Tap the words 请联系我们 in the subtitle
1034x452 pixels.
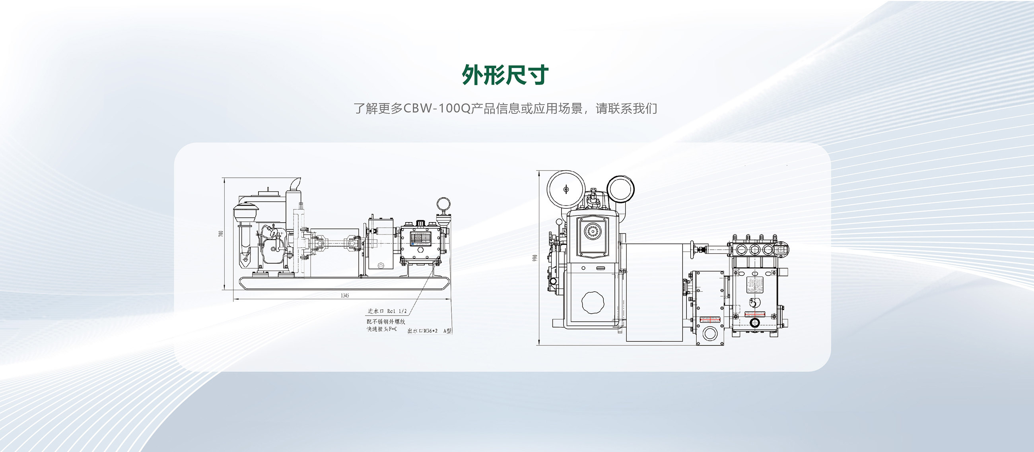[x=626, y=109]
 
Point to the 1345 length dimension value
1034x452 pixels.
[x=345, y=296]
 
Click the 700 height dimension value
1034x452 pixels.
[x=220, y=233]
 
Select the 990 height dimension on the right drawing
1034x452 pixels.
[x=534, y=259]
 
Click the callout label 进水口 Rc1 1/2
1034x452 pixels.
[x=387, y=311]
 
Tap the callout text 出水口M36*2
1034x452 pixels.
[x=422, y=331]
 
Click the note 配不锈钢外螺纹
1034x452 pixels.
[x=386, y=322]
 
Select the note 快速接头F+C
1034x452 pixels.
[x=381, y=329]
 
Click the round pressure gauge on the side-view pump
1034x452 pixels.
[x=443, y=205]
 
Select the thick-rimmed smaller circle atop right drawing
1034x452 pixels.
[x=620, y=190]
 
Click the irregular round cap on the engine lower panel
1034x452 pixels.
[x=593, y=303]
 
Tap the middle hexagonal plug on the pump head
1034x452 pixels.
[x=755, y=250]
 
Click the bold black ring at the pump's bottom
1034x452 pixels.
[x=755, y=322]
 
